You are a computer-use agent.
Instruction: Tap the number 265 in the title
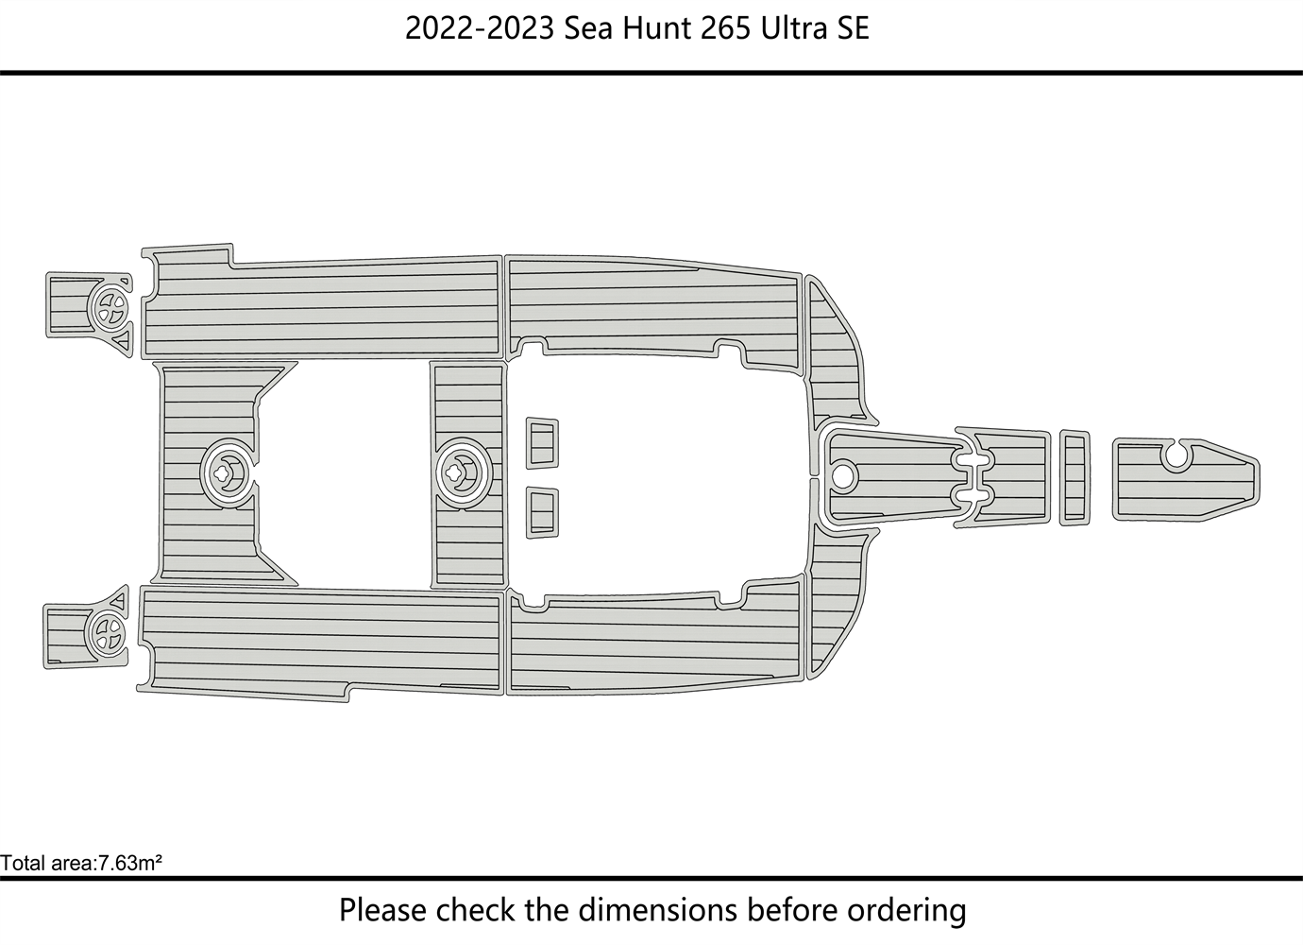pyautogui.click(x=725, y=28)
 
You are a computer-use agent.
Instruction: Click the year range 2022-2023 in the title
pyautogui.click(x=480, y=28)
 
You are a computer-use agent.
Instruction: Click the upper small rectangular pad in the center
pyautogui.click(x=542, y=442)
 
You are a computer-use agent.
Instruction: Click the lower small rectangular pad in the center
pyautogui.click(x=542, y=512)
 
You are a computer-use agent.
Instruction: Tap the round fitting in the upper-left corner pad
pyautogui.click(x=110, y=307)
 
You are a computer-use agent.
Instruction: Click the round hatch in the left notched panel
pyautogui.click(x=228, y=472)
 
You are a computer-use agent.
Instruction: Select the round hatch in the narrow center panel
pyautogui.click(x=464, y=472)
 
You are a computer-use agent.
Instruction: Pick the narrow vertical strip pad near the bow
pyautogui.click(x=1075, y=478)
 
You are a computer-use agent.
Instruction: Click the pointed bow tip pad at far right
pyautogui.click(x=1186, y=488)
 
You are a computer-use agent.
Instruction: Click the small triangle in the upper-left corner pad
pyautogui.click(x=122, y=342)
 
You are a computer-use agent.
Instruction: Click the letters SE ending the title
pyautogui.click(x=854, y=28)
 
